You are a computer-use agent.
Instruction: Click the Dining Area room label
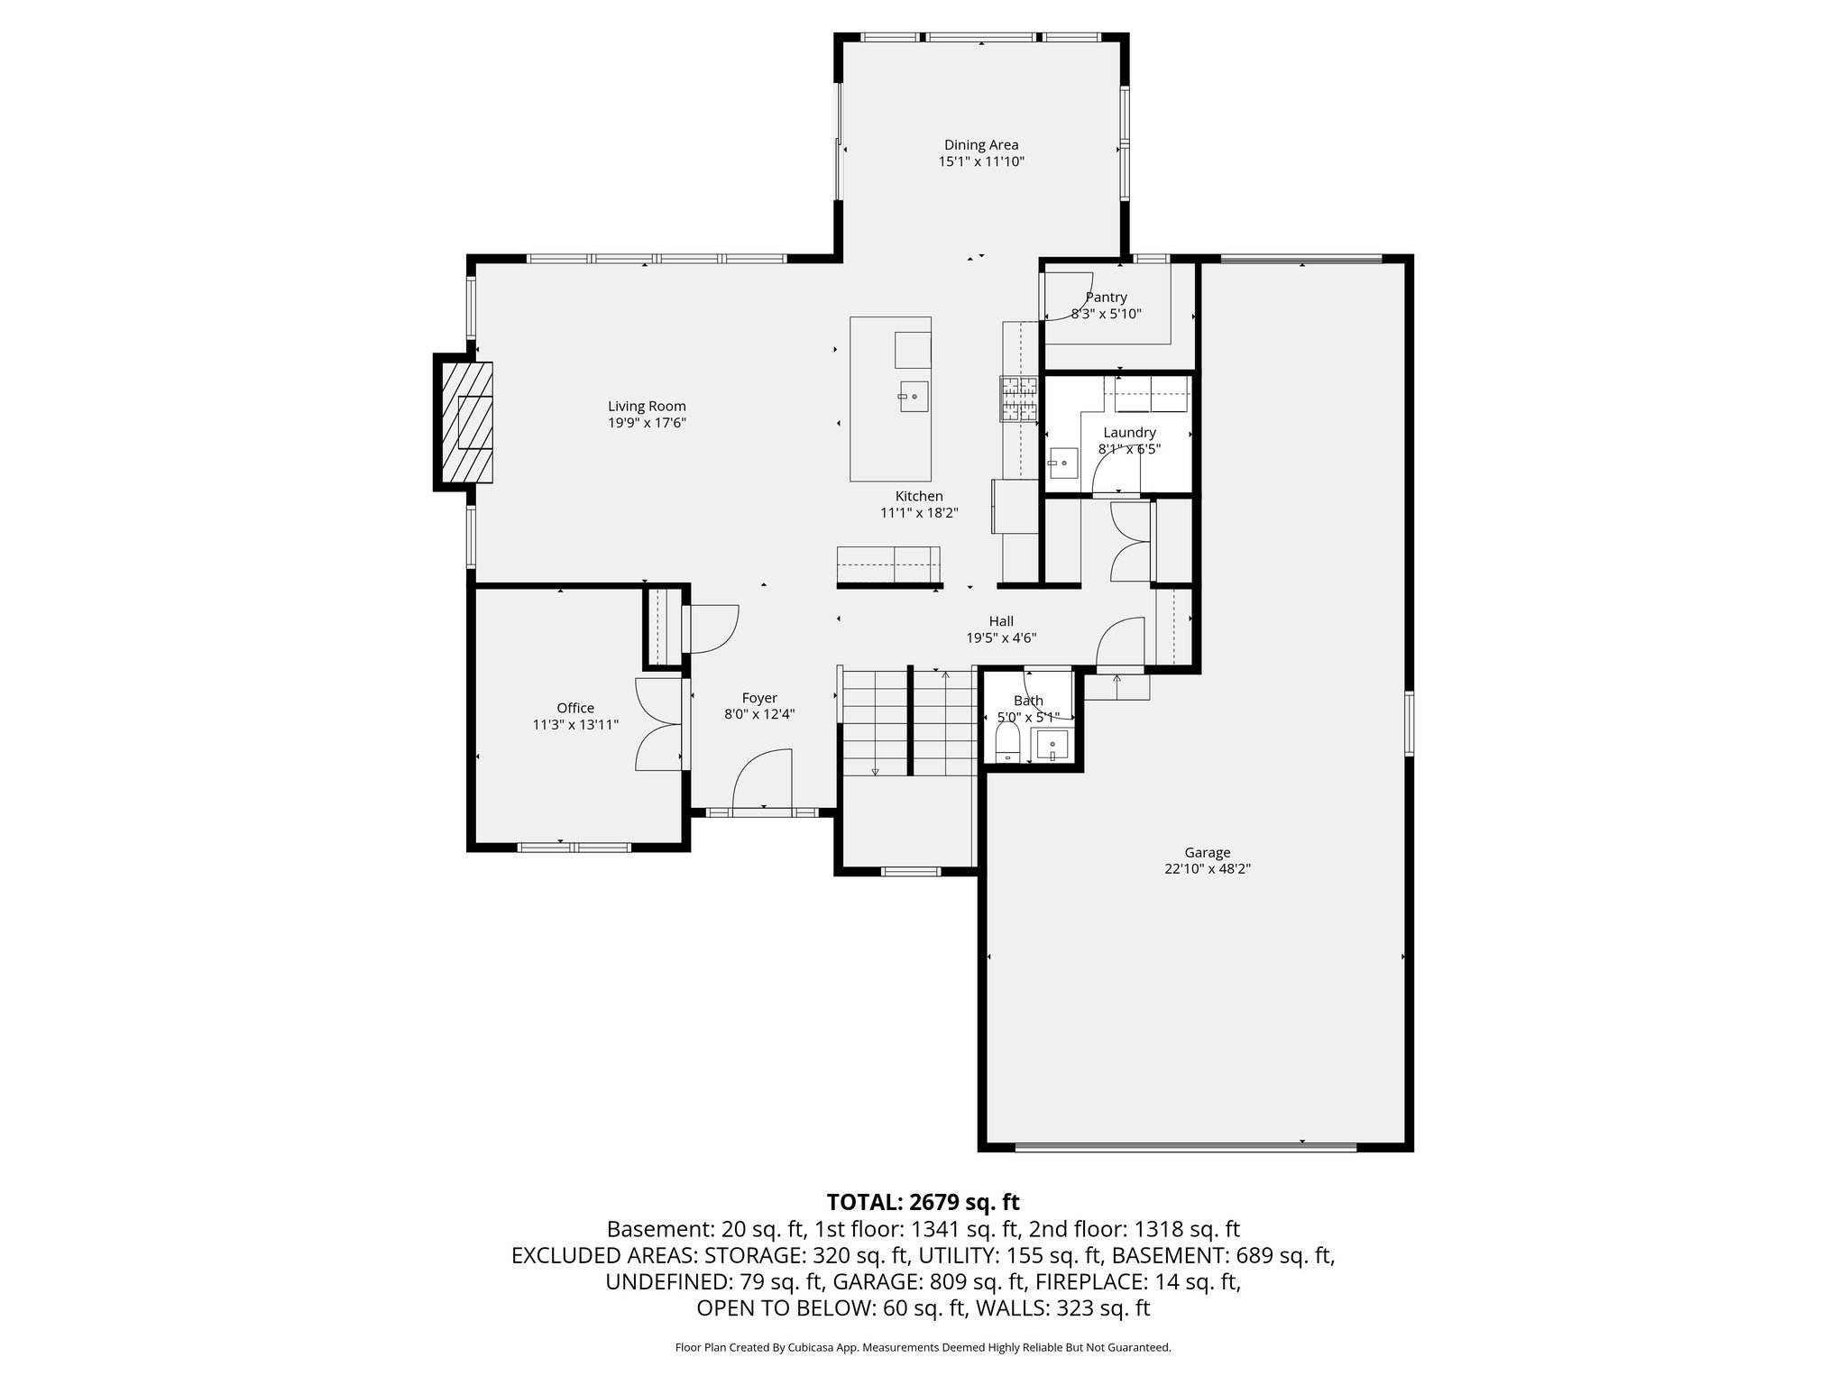tap(981, 145)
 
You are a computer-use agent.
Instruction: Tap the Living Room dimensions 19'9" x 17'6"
tap(647, 423)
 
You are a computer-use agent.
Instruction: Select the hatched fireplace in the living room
tap(467, 422)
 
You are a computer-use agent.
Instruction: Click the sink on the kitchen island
tap(912, 396)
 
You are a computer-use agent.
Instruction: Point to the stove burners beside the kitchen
tap(1018, 399)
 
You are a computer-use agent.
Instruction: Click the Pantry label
tap(1106, 298)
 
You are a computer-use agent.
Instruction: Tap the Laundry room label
tap(1128, 433)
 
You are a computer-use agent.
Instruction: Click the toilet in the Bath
tap(1006, 743)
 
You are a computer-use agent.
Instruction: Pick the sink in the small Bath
tap(1052, 746)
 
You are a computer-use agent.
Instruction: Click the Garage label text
tap(1207, 852)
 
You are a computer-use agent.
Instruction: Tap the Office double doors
tap(659, 724)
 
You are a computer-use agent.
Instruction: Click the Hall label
tap(1000, 621)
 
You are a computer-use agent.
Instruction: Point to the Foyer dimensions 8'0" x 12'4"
tap(759, 715)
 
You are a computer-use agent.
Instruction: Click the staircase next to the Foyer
tap(908, 721)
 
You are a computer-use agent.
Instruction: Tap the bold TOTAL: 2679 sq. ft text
tap(923, 1202)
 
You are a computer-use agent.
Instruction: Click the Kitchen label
tap(918, 496)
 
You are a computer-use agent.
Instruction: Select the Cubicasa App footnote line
tap(923, 1347)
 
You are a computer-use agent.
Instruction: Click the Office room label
tap(574, 708)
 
